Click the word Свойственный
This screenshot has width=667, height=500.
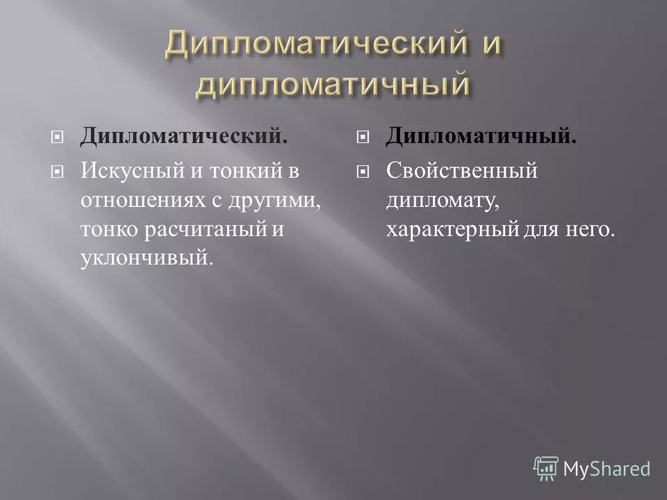462,171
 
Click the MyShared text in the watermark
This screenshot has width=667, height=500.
607,469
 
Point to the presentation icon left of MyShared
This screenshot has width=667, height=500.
546,468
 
